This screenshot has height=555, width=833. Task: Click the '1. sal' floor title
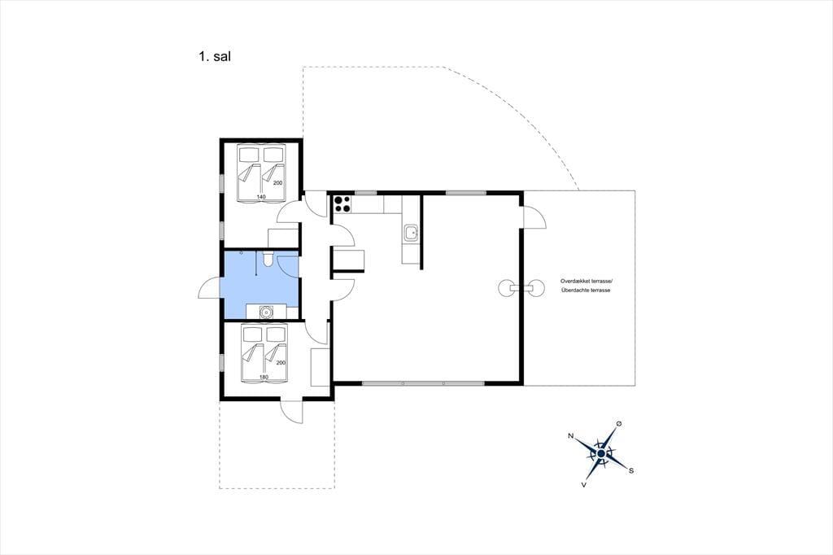tap(215, 57)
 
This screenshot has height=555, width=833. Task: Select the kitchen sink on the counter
tap(411, 233)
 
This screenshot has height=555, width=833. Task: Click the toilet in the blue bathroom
tap(268, 258)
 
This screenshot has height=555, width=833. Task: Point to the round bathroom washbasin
tap(265, 312)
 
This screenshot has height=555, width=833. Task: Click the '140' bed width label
tap(261, 197)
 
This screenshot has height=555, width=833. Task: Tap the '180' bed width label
tap(264, 377)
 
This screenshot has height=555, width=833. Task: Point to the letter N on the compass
tap(570, 436)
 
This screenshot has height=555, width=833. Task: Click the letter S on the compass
tap(631, 470)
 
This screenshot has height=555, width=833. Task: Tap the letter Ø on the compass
tap(618, 423)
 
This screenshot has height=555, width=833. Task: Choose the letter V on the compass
tap(584, 484)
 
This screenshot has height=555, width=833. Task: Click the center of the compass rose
tap(601, 453)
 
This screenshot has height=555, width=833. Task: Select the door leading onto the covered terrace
tap(534, 217)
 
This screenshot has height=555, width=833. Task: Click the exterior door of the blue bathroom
tap(210, 289)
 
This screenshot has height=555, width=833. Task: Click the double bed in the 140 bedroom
tap(261, 173)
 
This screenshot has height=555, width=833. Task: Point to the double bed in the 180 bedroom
tap(264, 353)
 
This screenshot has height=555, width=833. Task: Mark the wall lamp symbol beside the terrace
tap(521, 287)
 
